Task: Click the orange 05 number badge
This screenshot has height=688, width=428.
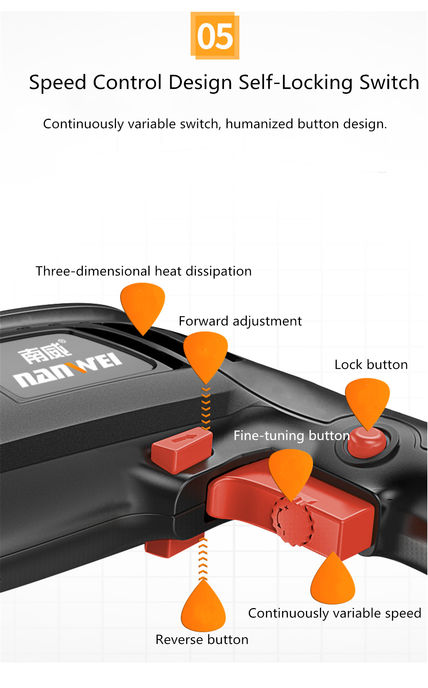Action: point(215,36)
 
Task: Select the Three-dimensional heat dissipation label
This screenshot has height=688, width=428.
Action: point(144,271)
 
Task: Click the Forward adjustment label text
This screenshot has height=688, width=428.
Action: point(240,321)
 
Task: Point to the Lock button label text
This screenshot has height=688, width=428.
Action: point(371,365)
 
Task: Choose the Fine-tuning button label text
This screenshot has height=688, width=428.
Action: point(291,435)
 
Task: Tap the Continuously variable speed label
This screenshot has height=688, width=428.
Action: point(335,613)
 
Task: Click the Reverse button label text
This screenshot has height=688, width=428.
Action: point(202,639)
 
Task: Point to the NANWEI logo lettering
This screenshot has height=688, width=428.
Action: point(68,370)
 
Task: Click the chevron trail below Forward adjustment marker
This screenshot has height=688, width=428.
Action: point(206,408)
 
